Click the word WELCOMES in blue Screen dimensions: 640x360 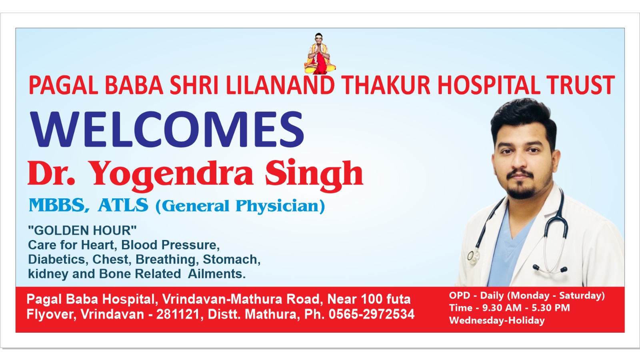pyautogui.click(x=167, y=129)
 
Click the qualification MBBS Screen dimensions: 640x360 pyautogui.click(x=57, y=205)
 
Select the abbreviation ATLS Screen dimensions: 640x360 pyautogui.click(x=123, y=205)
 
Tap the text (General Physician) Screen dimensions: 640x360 pyautogui.click(x=240, y=206)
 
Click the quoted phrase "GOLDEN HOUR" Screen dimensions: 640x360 pyautogui.click(x=82, y=230)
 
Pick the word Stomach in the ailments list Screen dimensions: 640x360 pyautogui.click(x=232, y=260)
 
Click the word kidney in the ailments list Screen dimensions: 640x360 pyautogui.click(x=48, y=274)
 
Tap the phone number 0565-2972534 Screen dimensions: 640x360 pyautogui.click(x=372, y=314)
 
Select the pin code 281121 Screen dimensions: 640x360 pyautogui.click(x=178, y=314)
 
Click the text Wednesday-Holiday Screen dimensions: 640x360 pyautogui.click(x=497, y=320)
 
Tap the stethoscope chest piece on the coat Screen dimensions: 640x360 pyautogui.click(x=472, y=256)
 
